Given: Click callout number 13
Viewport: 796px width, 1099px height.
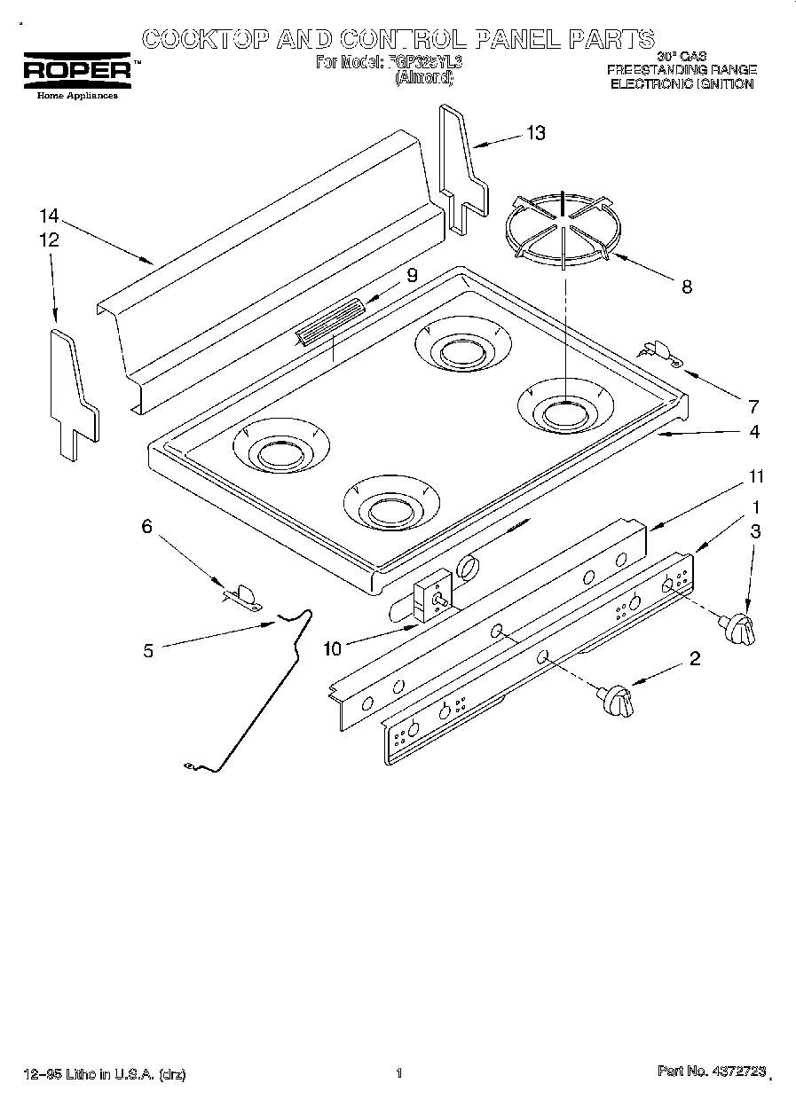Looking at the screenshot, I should click(536, 133).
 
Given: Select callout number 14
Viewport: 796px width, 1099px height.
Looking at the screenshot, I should click(49, 216).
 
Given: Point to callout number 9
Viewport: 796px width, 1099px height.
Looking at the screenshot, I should click(411, 275).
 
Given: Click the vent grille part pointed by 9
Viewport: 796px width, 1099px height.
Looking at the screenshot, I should click(330, 321).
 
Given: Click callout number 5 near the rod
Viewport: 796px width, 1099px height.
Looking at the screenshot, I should click(148, 650).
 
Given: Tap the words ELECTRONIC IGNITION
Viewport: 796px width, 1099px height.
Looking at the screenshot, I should click(681, 84).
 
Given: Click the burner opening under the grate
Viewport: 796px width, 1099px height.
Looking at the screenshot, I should click(564, 410).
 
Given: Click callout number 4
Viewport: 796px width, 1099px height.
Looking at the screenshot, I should click(753, 432).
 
